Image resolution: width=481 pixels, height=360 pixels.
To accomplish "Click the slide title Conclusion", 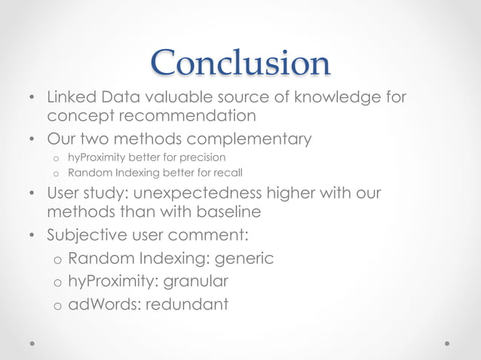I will (x=240, y=64).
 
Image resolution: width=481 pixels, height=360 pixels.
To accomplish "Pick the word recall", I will (x=227, y=172).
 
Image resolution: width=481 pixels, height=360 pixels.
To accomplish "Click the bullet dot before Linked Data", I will (x=32, y=99).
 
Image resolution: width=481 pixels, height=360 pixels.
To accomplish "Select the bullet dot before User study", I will (x=32, y=194).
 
